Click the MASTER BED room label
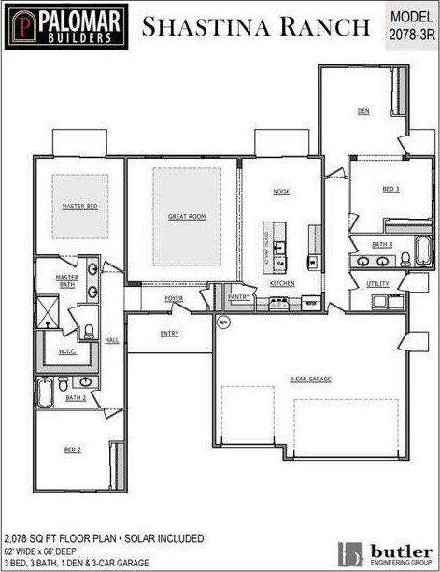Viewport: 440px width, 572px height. pos(80,206)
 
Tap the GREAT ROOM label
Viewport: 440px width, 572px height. pos(187,217)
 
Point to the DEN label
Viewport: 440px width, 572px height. pos(363,111)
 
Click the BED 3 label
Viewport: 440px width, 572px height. pos(390,189)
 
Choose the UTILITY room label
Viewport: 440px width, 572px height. pos(378,283)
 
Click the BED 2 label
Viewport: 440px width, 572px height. pos(73,450)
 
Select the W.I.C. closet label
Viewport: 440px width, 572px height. pos(66,352)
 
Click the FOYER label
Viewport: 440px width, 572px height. pos(175,299)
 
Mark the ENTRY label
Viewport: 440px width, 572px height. pos(170,334)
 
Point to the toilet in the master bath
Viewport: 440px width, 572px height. pos(85,330)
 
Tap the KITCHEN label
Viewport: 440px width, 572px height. pos(282,283)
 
